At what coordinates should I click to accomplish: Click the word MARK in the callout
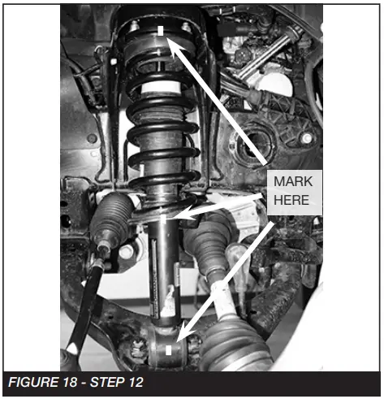pos(293,181)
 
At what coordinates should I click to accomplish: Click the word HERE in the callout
pos(291,200)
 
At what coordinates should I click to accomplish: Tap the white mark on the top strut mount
pos(161,31)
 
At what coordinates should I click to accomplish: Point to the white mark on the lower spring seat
pos(163,219)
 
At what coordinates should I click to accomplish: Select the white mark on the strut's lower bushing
pos(168,350)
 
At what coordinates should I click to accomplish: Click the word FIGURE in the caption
pos(33,382)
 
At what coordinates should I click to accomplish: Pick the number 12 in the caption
pos(135,382)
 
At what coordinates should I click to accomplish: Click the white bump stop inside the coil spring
pos(161,88)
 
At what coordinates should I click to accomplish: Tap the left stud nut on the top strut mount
pos(135,27)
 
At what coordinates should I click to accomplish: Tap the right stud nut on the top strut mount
pos(186,27)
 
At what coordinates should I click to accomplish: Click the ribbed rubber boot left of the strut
pos(111,217)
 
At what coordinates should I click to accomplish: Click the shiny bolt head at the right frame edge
pos(307,139)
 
